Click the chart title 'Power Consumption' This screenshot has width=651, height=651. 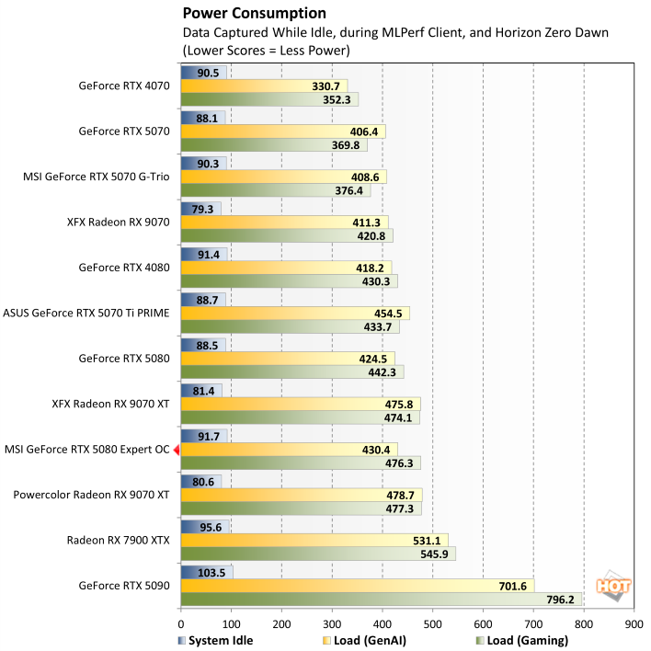point(254,13)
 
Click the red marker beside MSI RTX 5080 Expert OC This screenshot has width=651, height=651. point(177,449)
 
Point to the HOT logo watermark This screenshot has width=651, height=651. point(612,585)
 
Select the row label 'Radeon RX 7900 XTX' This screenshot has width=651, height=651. point(119,540)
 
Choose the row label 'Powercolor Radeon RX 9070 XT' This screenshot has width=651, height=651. point(91,495)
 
